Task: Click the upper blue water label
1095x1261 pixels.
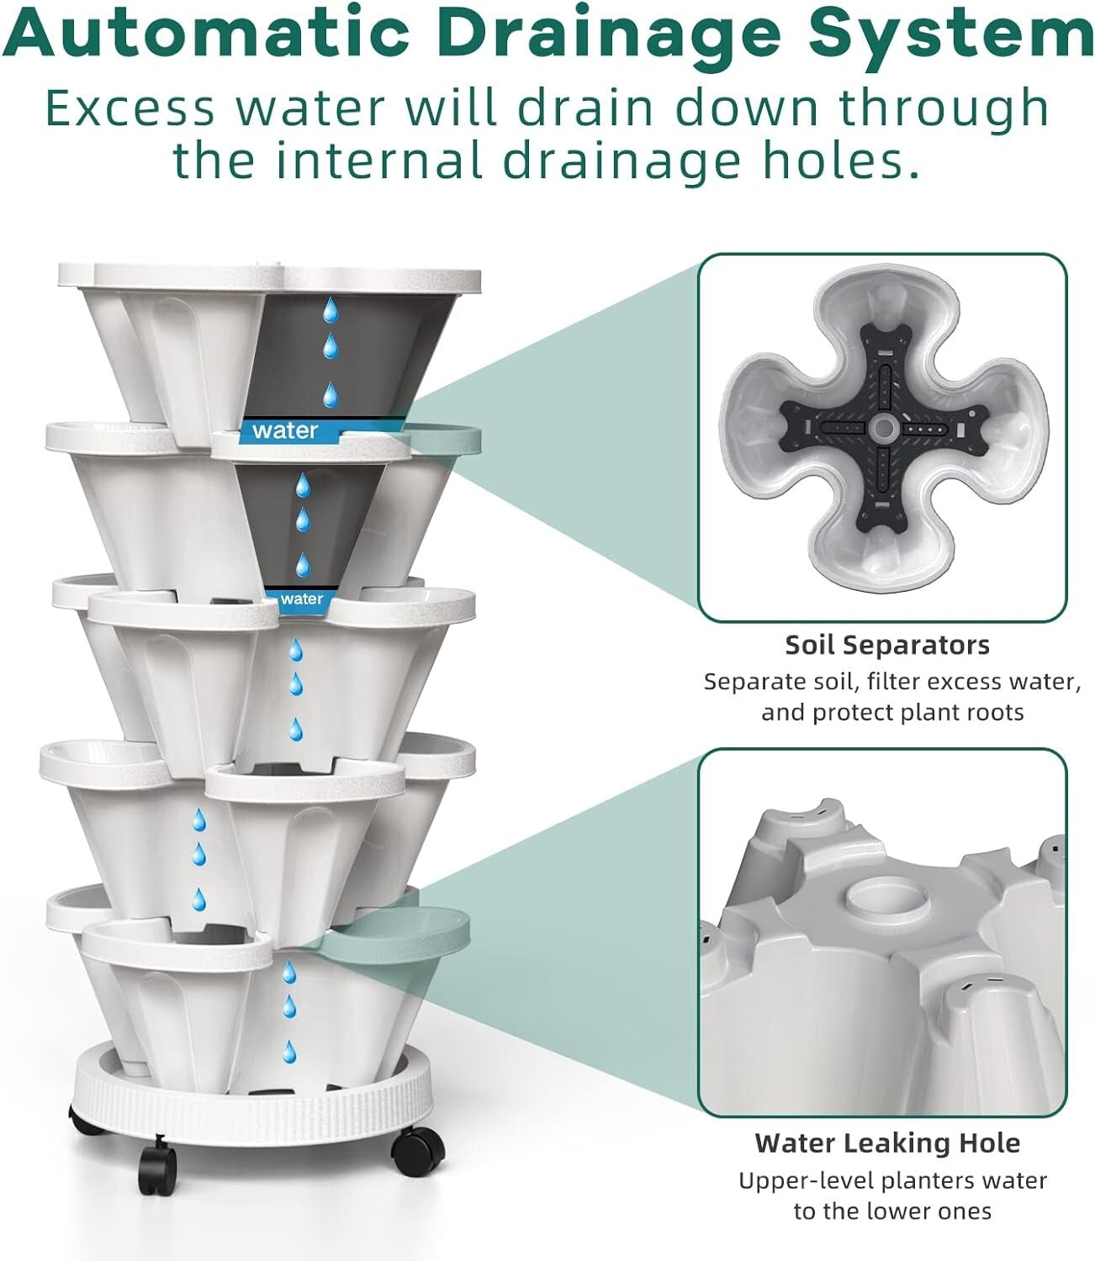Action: click(x=285, y=430)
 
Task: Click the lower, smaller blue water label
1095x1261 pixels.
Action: click(x=300, y=599)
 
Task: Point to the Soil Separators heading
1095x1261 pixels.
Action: click(x=887, y=645)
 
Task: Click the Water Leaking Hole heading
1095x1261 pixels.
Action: click(x=887, y=1142)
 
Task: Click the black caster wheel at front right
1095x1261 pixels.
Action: click(x=418, y=1143)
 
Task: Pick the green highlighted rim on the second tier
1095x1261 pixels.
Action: click(x=446, y=439)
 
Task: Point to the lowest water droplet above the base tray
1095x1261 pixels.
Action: click(x=290, y=1050)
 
